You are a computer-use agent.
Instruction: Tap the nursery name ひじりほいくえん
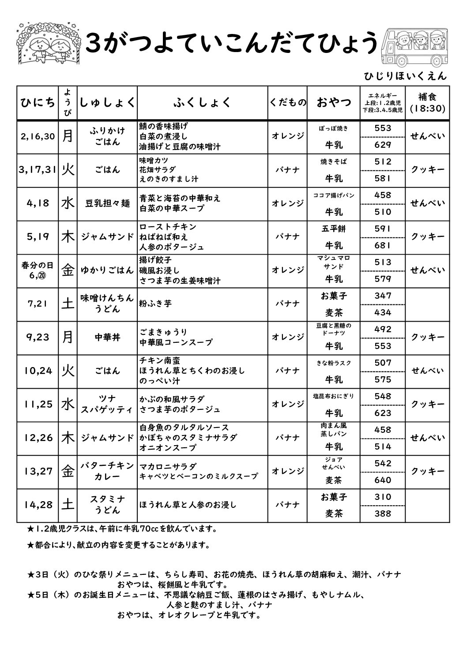click(x=405, y=76)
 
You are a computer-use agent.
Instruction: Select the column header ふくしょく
click(x=202, y=102)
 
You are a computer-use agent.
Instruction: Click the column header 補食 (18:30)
click(x=427, y=102)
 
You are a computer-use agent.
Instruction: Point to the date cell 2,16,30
click(x=38, y=136)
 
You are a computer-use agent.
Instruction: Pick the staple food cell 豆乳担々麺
click(x=107, y=203)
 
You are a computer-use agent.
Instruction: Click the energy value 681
click(x=383, y=245)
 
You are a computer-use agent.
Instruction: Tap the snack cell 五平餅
click(x=334, y=229)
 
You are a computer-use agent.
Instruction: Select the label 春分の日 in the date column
click(x=38, y=265)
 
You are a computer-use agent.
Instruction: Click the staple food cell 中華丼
click(x=107, y=337)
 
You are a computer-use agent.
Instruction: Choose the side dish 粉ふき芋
click(x=155, y=304)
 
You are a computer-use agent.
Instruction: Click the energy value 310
click(x=383, y=497)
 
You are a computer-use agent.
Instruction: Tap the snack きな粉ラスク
click(x=334, y=363)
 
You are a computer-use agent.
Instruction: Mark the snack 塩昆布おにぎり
click(x=334, y=396)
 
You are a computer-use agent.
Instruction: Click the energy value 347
click(x=383, y=296)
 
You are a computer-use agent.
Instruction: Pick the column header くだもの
click(x=288, y=102)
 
